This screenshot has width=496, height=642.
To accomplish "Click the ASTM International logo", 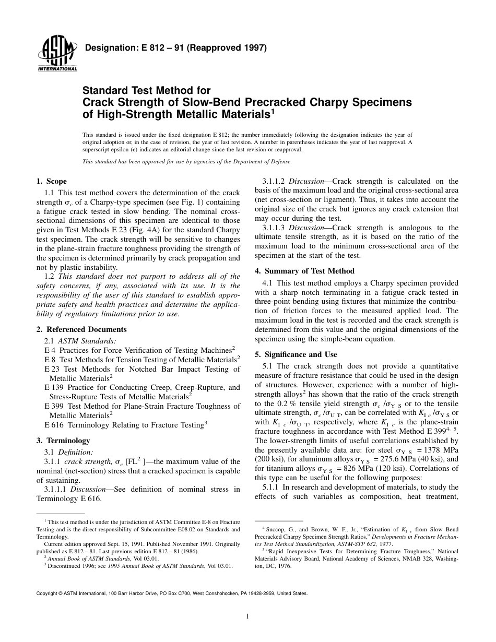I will [x=56, y=55].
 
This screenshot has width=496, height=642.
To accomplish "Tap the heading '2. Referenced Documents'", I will [x=81, y=329].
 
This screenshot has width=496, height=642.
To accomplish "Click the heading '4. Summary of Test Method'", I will [x=304, y=271].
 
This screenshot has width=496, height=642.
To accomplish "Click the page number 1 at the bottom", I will [x=247, y=616].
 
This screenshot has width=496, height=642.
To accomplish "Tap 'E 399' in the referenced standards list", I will [x=53, y=406].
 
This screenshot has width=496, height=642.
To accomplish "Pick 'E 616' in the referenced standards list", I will [x=53, y=425].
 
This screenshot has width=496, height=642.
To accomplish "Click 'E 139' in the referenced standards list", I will [x=53, y=387].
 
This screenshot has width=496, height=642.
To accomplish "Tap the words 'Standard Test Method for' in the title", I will [x=147, y=91].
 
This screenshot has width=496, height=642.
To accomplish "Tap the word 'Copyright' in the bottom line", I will [x=47, y=593].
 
